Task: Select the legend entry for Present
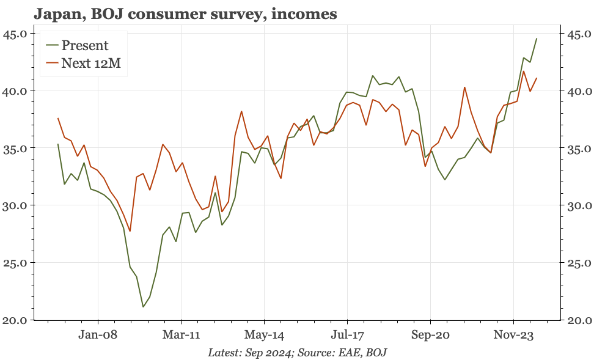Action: click(x=85, y=45)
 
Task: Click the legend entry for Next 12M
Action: click(x=91, y=63)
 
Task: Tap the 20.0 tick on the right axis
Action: click(x=576, y=320)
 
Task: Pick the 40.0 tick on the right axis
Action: click(x=576, y=90)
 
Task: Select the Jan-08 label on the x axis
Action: click(x=98, y=336)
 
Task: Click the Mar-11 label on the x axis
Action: click(x=181, y=336)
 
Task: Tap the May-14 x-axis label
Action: click(x=264, y=336)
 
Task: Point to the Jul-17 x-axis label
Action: click(x=347, y=336)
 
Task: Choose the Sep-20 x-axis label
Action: click(x=430, y=336)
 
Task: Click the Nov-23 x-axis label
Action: click(x=513, y=336)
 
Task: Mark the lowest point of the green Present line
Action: click(x=143, y=307)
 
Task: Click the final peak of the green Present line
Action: click(x=537, y=39)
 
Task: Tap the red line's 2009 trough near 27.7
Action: click(x=130, y=231)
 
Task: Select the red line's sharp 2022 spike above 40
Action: click(x=464, y=87)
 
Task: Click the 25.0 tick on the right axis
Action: click(x=576, y=263)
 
